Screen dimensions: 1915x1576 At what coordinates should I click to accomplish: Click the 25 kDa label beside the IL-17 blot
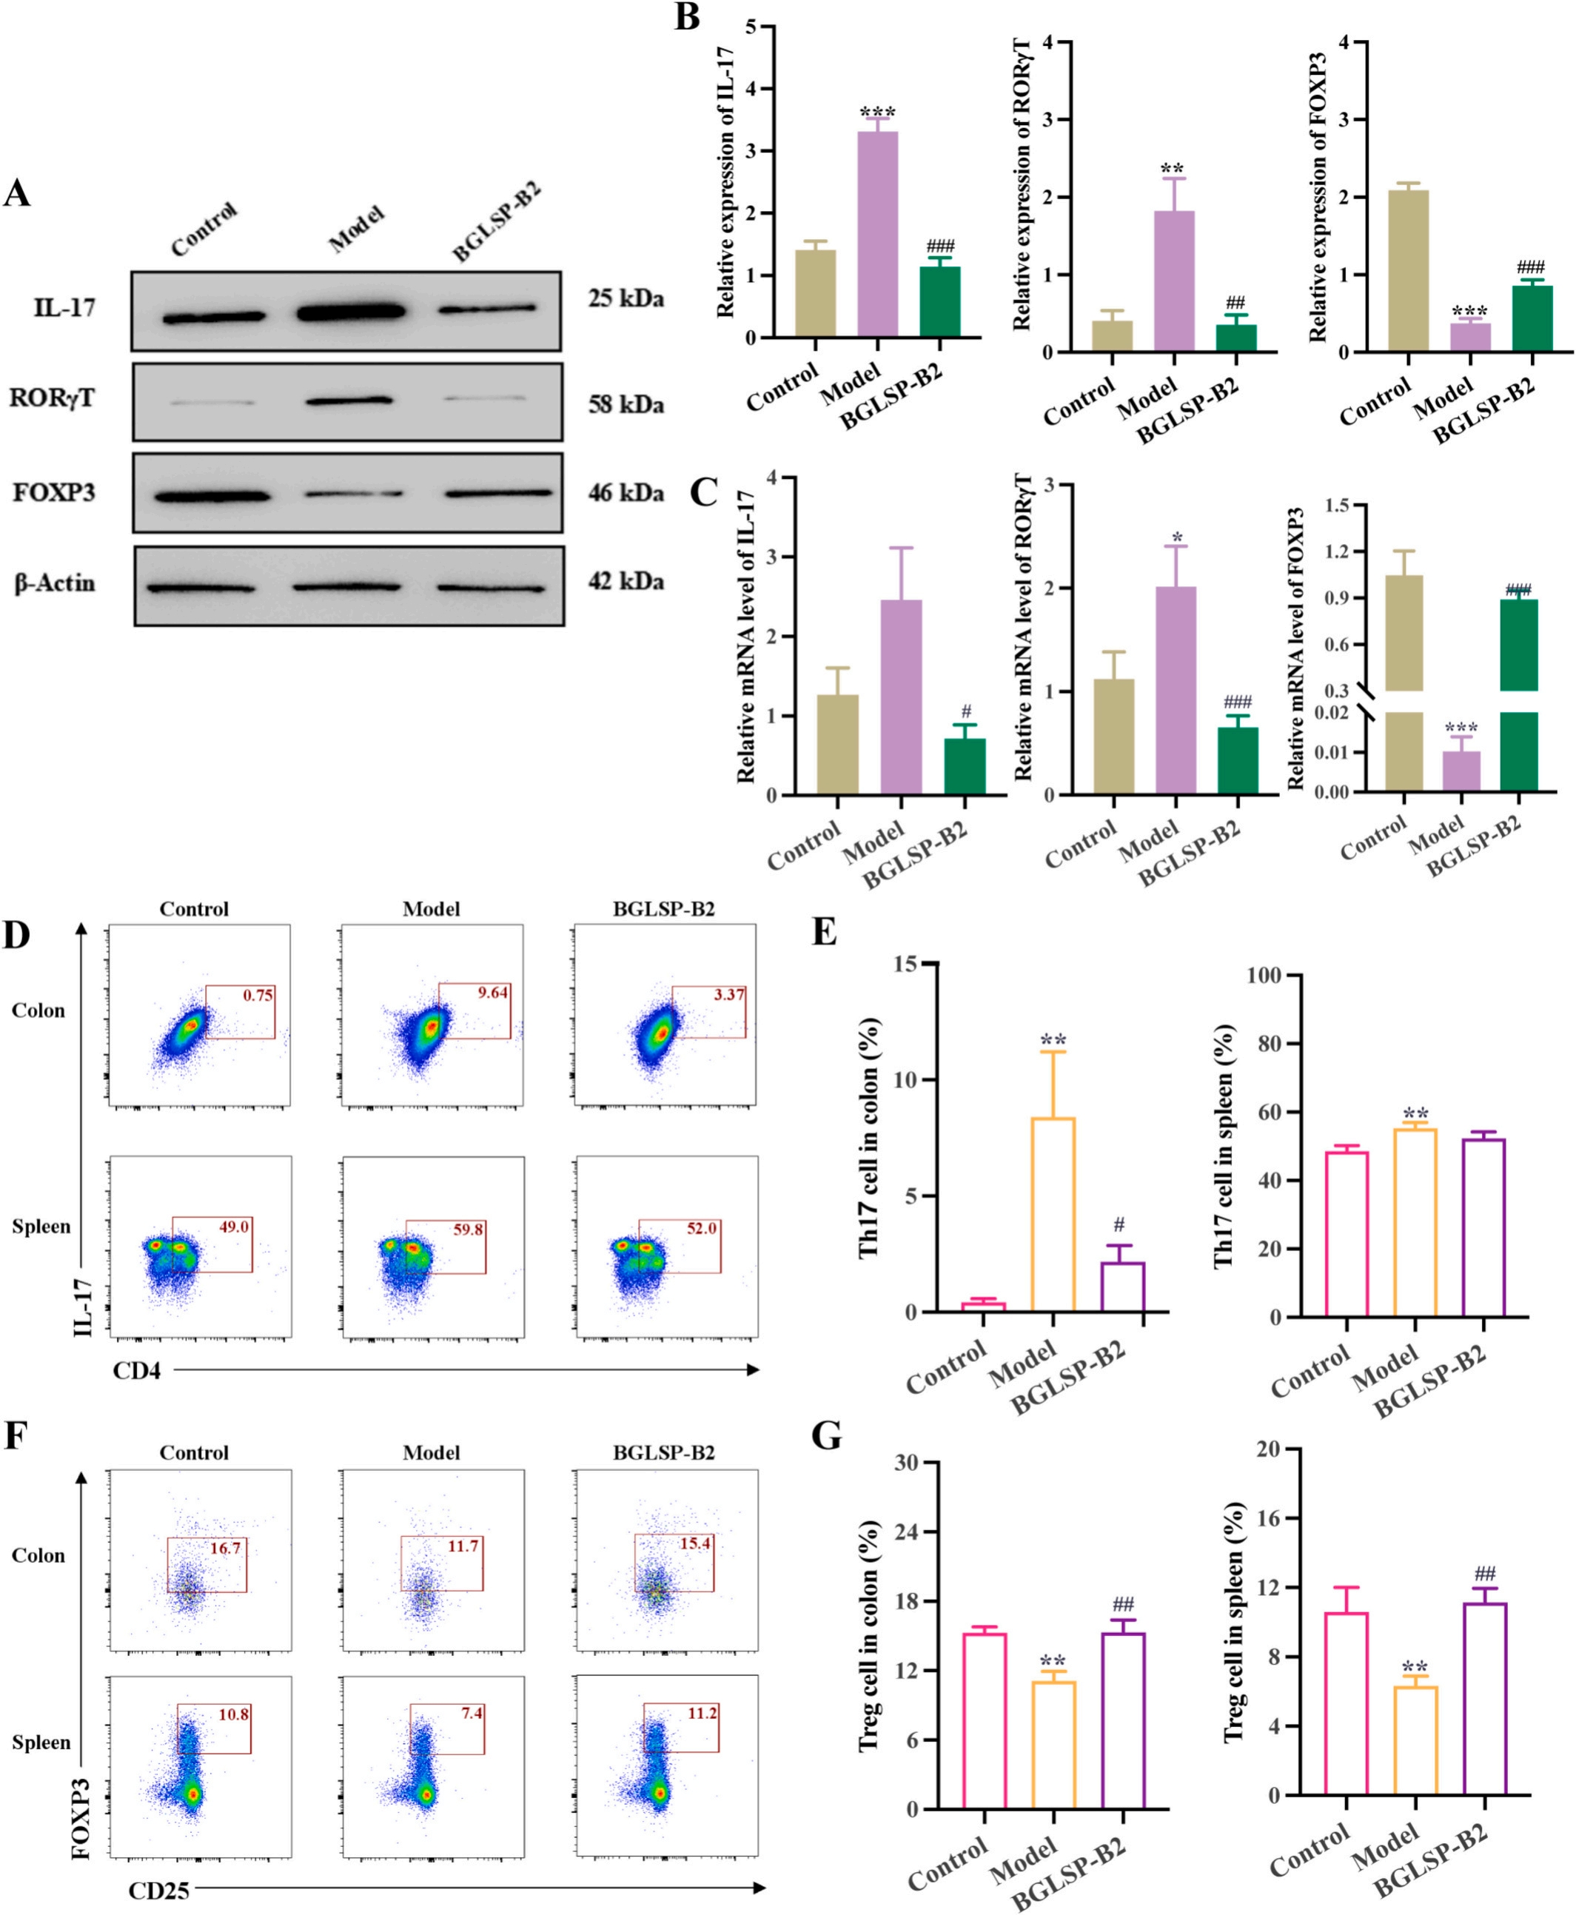[626, 298]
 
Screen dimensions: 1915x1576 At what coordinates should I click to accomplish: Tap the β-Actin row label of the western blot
[55, 583]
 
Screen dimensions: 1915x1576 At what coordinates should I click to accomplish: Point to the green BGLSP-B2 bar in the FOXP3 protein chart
[1532, 318]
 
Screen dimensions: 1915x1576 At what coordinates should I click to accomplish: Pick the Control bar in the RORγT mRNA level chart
[1113, 737]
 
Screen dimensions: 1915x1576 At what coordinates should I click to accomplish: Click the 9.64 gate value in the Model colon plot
[493, 993]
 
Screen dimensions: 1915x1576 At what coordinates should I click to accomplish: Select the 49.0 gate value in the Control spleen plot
[234, 1227]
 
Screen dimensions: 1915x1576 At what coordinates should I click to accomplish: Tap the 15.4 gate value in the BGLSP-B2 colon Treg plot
[695, 1543]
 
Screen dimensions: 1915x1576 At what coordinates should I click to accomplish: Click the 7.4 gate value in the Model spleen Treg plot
[472, 1714]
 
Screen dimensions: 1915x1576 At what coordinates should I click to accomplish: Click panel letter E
[825, 932]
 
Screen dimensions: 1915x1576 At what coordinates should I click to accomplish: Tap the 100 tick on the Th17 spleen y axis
[1264, 976]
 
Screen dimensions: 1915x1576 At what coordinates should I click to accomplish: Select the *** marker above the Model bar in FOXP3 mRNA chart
[1461, 728]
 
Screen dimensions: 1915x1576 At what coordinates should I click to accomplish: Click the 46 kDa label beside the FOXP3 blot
[626, 493]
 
